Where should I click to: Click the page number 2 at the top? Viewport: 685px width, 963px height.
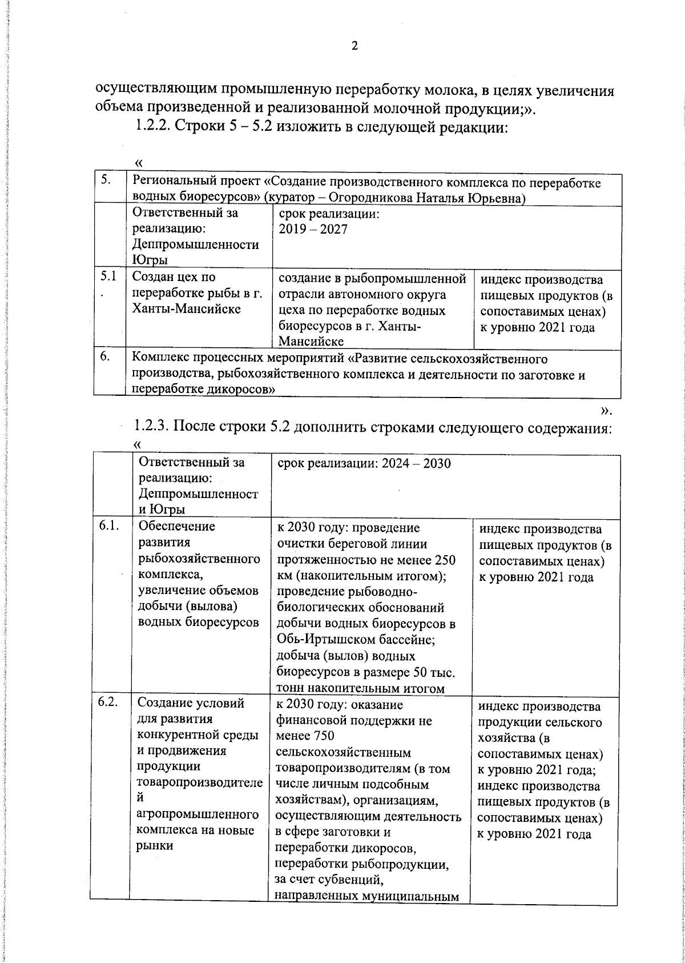coord(354,46)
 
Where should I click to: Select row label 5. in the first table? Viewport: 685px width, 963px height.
coord(106,181)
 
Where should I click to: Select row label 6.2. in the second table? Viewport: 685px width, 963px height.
coord(108,703)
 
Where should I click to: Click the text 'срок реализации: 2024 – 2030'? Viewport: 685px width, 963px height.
coord(364,463)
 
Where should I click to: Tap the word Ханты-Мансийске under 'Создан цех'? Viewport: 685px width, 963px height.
coord(186,309)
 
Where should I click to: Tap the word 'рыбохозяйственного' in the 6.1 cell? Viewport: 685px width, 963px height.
coord(199,558)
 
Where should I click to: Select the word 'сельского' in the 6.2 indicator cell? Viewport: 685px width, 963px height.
coord(575,723)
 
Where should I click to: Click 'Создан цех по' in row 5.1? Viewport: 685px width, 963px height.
coord(174,278)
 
